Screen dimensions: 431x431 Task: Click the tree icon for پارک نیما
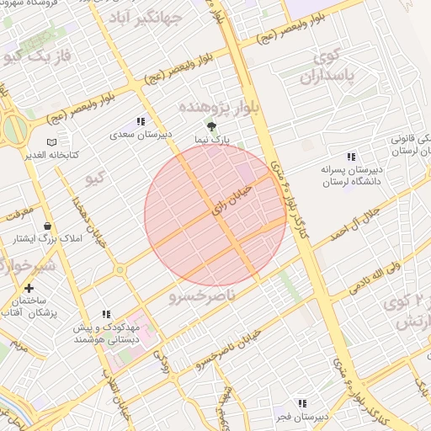(x=210, y=126)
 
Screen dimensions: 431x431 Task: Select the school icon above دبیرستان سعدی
(x=141, y=122)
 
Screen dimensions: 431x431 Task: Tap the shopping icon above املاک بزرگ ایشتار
(x=47, y=226)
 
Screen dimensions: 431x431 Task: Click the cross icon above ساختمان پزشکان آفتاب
(x=29, y=288)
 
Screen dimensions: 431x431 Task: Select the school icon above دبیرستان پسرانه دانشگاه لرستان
(x=351, y=157)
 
